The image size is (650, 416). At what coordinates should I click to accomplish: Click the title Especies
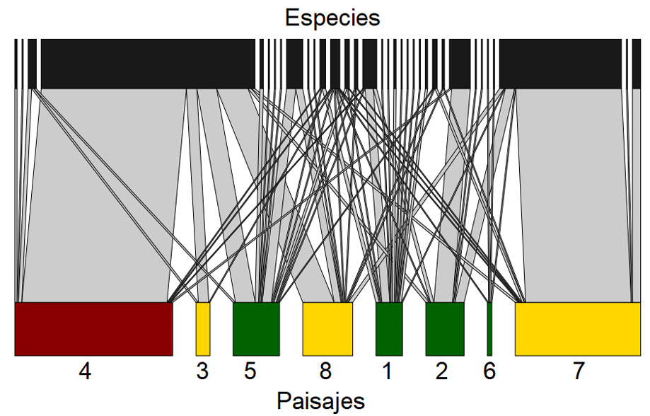tap(332, 17)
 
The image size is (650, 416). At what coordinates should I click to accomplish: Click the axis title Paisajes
tap(320, 400)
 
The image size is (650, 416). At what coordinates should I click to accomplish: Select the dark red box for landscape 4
tap(93, 329)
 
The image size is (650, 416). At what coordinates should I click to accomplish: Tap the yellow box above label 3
tap(203, 329)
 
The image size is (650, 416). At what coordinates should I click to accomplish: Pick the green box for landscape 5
tap(256, 329)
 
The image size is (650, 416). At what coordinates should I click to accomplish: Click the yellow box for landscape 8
tap(327, 329)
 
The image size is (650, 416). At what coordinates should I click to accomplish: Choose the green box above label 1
tap(389, 329)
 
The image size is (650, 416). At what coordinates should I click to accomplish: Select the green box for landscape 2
tap(445, 329)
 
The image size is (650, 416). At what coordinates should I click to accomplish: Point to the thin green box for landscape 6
tap(489, 329)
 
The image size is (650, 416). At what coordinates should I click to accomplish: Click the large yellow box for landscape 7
tap(577, 329)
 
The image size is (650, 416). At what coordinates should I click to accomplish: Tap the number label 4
tap(85, 372)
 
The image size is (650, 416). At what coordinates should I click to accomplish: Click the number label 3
tap(203, 372)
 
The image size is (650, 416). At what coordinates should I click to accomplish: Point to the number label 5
tap(250, 372)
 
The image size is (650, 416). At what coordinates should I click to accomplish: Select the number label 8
tap(325, 372)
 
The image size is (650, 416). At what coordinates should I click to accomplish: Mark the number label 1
tap(386, 372)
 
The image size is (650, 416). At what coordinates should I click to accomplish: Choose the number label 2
tap(442, 372)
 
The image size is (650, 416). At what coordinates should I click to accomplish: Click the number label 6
tap(489, 372)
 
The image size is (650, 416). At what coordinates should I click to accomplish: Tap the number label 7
tap(579, 372)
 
